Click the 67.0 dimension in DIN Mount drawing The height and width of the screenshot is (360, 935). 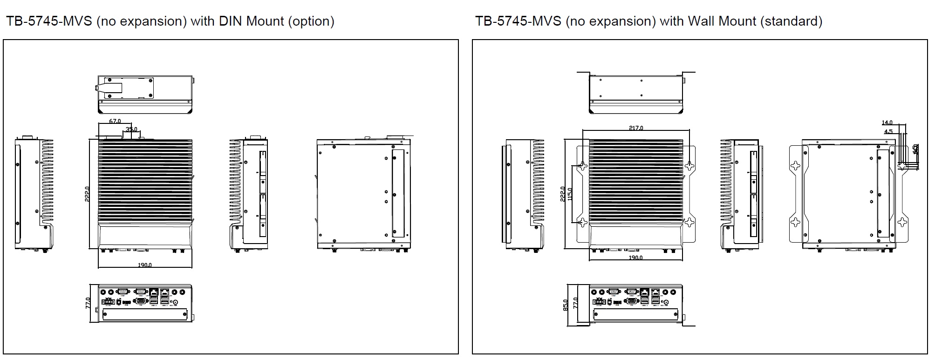coord(115,121)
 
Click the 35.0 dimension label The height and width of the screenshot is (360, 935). coord(131,129)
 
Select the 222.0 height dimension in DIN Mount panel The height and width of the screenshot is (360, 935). coord(87,193)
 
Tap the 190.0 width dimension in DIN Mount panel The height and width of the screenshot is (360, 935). coord(144,265)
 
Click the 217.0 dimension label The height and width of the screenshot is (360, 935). coord(636,128)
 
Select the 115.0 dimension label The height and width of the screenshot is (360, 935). coord(570,193)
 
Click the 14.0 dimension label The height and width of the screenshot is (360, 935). coord(887,123)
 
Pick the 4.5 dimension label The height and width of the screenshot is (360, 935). coord(888,132)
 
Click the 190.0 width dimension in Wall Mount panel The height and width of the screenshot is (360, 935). coord(635,258)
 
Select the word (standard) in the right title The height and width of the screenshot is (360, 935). coord(791,21)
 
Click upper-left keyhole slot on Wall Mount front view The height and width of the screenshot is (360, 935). coord(582,166)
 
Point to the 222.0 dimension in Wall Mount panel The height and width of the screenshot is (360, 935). coord(563,193)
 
